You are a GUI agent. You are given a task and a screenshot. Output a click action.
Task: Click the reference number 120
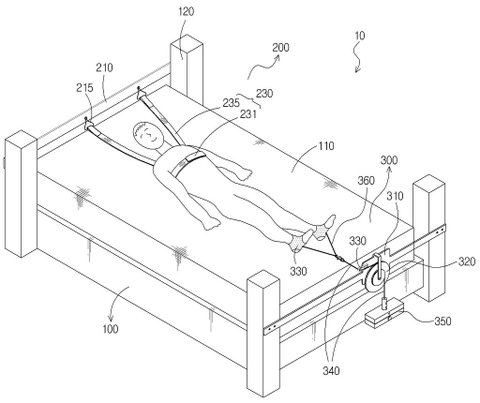(186, 12)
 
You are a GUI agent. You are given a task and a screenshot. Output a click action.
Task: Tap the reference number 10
(360, 36)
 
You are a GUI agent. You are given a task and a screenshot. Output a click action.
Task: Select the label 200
(281, 48)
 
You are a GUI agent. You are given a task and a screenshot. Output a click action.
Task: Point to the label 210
(104, 68)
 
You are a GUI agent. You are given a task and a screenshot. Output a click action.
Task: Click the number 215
(85, 88)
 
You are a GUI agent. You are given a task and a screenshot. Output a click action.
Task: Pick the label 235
(231, 103)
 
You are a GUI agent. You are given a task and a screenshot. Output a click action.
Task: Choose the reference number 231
(248, 114)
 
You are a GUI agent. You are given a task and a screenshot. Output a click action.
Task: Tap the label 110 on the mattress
(326, 146)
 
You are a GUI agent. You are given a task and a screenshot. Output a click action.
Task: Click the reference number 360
(366, 181)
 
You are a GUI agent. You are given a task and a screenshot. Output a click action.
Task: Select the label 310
(395, 196)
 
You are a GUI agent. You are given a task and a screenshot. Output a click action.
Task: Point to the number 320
(466, 262)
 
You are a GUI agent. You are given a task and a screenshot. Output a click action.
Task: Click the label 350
(443, 321)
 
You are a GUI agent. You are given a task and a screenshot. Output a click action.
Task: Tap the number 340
(331, 370)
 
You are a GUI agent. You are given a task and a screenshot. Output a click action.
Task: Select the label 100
(110, 329)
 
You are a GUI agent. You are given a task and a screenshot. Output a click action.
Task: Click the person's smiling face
(148, 133)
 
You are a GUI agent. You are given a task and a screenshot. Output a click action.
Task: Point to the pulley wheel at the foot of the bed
(377, 277)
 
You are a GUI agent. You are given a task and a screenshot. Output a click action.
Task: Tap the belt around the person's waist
(187, 161)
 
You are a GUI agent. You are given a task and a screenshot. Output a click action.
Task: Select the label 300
(389, 161)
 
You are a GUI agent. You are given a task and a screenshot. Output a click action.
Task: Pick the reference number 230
(264, 94)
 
